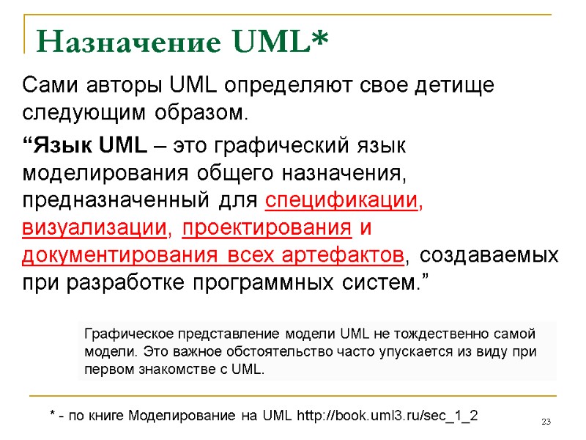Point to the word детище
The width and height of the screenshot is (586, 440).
[x=453, y=86]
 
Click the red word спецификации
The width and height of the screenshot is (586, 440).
[x=342, y=200]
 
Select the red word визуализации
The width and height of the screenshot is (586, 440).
[x=94, y=228]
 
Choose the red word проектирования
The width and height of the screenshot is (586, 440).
[x=267, y=228]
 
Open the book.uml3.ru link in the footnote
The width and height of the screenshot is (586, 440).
[x=387, y=416]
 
